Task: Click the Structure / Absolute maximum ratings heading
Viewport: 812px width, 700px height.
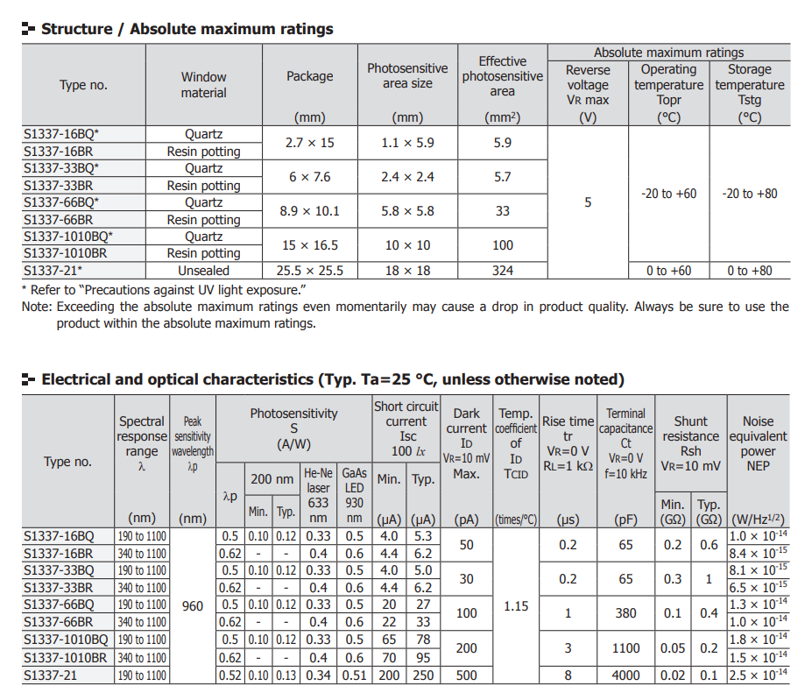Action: (187, 29)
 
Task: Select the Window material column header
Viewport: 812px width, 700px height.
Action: (203, 85)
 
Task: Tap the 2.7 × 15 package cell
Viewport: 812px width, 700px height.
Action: (309, 143)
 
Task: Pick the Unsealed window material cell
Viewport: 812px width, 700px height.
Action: (203, 271)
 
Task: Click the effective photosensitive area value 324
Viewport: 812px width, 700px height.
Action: (502, 271)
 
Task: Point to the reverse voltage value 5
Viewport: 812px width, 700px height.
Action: (588, 202)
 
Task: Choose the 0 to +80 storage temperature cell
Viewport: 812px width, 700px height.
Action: (749, 271)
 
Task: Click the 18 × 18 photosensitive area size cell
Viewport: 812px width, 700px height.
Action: (407, 271)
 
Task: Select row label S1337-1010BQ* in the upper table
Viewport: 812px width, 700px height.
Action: (68, 237)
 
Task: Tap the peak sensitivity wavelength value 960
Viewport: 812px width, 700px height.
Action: (192, 605)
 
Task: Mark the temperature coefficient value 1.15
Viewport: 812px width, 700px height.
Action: (516, 605)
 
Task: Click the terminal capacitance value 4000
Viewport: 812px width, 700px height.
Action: (625, 675)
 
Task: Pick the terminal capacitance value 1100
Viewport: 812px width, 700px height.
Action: (625, 648)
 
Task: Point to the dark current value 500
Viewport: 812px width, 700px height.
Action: (466, 675)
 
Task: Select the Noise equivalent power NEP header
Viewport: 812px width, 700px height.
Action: (758, 443)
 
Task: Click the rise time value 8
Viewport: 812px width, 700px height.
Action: (568, 675)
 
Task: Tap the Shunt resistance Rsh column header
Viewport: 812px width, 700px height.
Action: (690, 435)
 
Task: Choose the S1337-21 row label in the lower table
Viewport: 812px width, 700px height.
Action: (53, 675)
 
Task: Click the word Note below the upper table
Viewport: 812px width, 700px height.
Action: (37, 307)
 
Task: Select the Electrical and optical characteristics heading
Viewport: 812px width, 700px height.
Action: (332, 379)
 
